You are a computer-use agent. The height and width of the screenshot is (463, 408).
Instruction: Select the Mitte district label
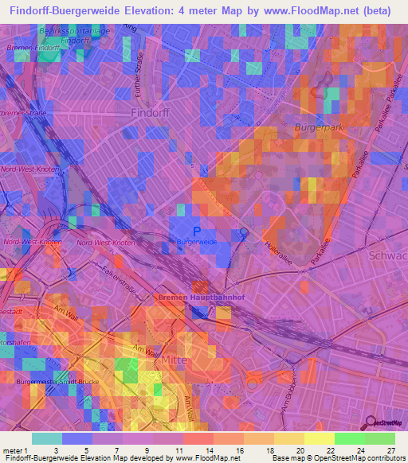175,360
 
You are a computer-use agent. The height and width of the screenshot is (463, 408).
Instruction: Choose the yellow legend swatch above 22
318,438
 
